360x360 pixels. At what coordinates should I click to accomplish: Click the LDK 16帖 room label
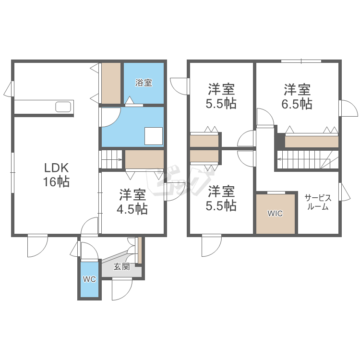pyautogui.click(x=57, y=175)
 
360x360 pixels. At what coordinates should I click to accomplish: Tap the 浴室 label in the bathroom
pyautogui.click(x=144, y=83)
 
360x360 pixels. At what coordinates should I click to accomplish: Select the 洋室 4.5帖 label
pyautogui.click(x=133, y=202)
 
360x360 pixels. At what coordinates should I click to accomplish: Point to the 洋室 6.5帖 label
pyautogui.click(x=297, y=96)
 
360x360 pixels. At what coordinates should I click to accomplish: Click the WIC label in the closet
pyautogui.click(x=275, y=213)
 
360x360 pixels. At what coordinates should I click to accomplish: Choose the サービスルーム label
pyautogui.click(x=318, y=203)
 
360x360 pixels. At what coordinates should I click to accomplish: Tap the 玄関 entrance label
pyautogui.click(x=121, y=267)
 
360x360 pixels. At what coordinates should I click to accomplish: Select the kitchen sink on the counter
pyautogui.click(x=63, y=107)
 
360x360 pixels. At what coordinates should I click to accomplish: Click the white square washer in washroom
pyautogui.click(x=154, y=136)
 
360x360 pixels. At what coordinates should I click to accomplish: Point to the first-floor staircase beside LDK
pyautogui.click(x=111, y=159)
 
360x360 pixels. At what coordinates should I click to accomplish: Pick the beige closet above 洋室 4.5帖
pyautogui.click(x=144, y=159)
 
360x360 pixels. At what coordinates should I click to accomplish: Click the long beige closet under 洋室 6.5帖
pyautogui.click(x=312, y=142)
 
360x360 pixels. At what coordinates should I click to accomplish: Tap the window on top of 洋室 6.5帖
pyautogui.click(x=301, y=61)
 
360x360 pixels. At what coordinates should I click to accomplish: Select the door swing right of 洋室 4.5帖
pyautogui.click(x=172, y=192)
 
